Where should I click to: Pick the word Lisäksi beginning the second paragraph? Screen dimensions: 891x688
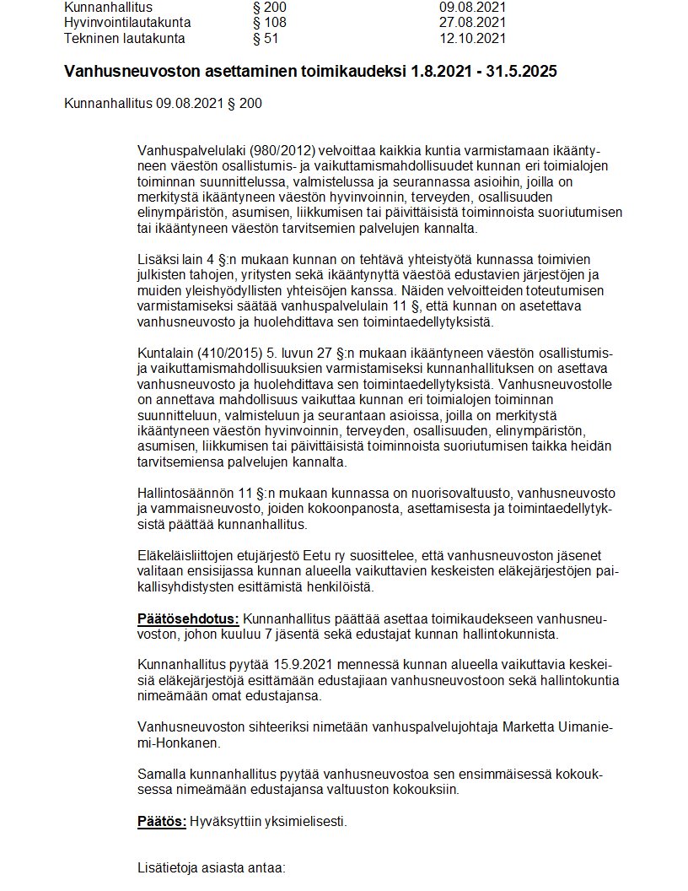tap(158, 258)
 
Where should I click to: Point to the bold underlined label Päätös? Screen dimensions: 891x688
tap(162, 821)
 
